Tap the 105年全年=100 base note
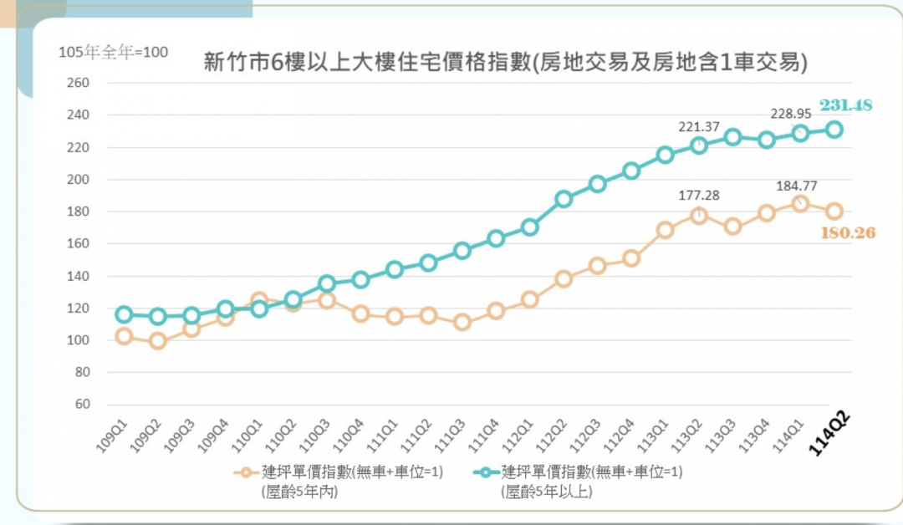(113, 52)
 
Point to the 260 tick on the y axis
(78, 83)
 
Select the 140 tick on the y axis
(78, 276)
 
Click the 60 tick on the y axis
(81, 404)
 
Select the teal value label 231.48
(845, 104)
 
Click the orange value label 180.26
(848, 232)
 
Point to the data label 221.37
(699, 126)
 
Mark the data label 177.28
(699, 195)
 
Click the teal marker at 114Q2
(834, 130)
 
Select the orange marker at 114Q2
(834, 212)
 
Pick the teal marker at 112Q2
(564, 199)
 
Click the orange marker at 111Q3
(462, 323)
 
